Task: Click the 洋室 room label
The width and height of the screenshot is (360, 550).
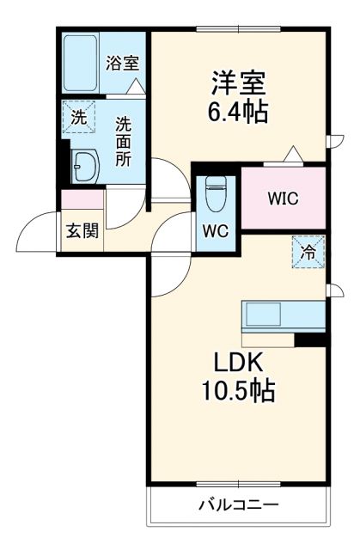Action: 240,84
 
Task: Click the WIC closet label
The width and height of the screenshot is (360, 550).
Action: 283,199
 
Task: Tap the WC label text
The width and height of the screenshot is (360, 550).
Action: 215,230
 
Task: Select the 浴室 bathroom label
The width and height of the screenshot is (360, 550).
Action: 124,63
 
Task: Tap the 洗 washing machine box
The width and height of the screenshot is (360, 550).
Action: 77,119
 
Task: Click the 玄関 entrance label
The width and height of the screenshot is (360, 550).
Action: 82,229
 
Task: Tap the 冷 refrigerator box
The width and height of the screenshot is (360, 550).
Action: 307,252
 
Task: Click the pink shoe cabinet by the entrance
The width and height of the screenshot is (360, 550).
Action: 82,200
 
